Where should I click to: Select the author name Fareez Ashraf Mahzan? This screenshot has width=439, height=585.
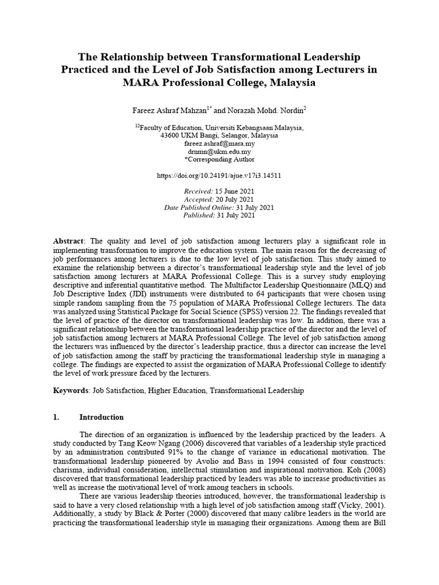click(x=166, y=109)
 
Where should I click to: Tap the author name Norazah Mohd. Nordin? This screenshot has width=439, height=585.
click(x=268, y=109)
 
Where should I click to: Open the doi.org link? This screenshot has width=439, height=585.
click(x=219, y=177)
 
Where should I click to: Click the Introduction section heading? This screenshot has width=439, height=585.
click(x=101, y=417)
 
